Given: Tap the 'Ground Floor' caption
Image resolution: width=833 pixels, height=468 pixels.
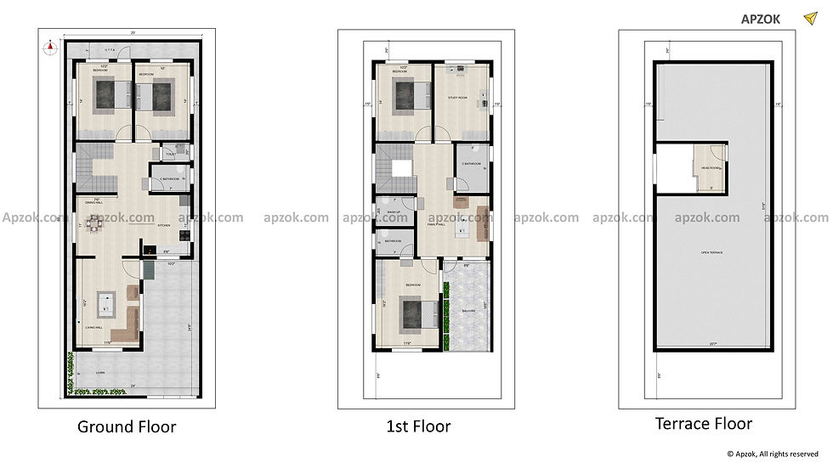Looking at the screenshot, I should (x=127, y=426).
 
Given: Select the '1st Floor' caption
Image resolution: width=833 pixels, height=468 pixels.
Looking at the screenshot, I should (x=417, y=426).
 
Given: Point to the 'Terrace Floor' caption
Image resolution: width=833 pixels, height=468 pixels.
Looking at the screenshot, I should (x=703, y=423).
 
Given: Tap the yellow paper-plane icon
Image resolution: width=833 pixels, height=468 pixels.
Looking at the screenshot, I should (x=810, y=17).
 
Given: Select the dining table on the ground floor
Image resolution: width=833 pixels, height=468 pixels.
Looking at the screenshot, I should (x=94, y=225).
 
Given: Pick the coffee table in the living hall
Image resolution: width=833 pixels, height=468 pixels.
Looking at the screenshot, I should (x=105, y=302).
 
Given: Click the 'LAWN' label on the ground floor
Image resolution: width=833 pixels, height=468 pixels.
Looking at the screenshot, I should (x=99, y=373).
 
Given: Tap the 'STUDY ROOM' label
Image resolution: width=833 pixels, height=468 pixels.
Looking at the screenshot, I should (x=459, y=98).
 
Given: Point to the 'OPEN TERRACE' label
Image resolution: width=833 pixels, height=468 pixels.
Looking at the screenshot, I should (x=711, y=253).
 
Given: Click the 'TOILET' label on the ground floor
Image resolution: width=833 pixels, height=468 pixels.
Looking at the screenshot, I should (x=171, y=154).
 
